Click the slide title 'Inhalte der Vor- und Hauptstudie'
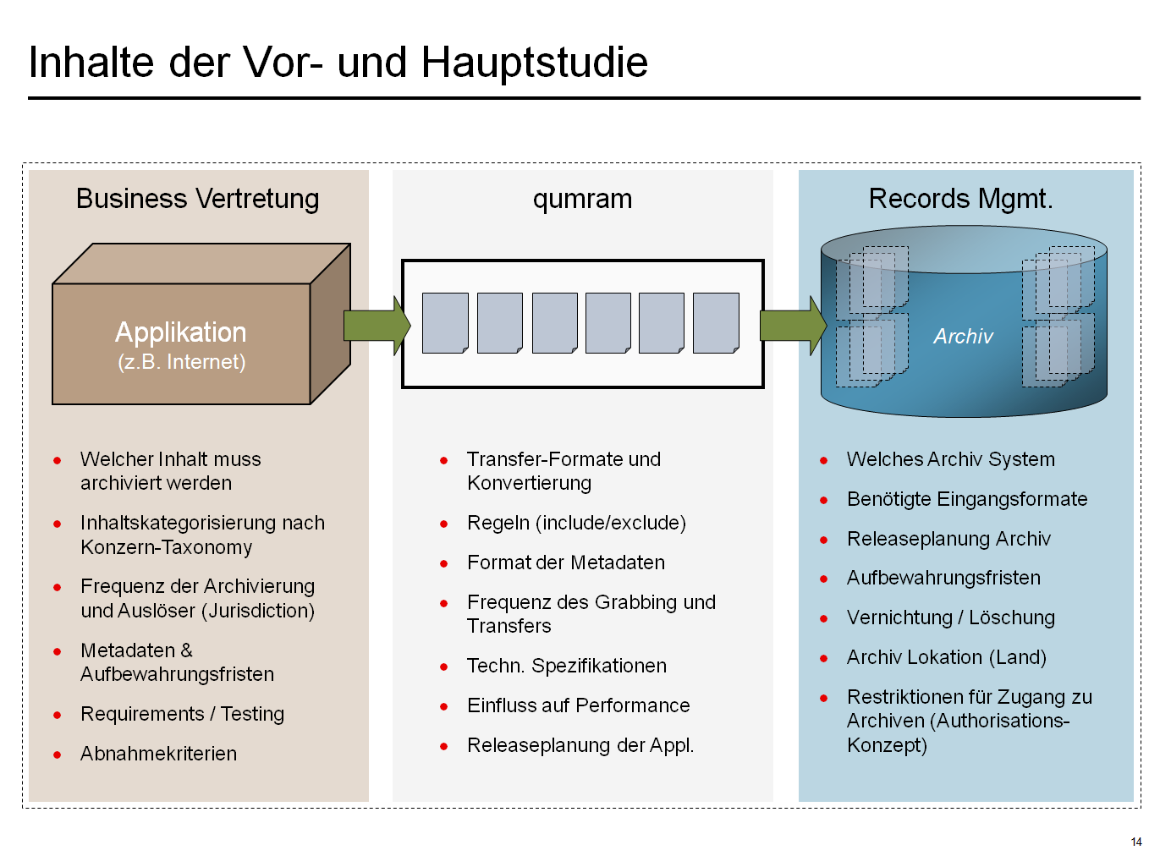[x=338, y=63]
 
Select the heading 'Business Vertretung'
[x=197, y=199]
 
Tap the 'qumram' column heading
[x=582, y=199]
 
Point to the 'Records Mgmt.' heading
[x=960, y=199]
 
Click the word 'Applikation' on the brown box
[x=180, y=332]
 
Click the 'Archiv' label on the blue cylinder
[x=963, y=337]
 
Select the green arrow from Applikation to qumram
[x=376, y=326]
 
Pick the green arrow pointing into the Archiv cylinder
[x=792, y=326]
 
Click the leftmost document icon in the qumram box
[x=445, y=323]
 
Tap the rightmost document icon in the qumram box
[x=716, y=323]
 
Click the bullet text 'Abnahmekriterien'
[x=158, y=754]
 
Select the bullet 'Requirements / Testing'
[x=182, y=714]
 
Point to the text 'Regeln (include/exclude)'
[x=576, y=523]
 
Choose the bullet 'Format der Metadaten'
[x=565, y=562]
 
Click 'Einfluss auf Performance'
[x=578, y=705]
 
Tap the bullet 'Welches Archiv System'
[x=950, y=459]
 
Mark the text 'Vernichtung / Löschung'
[x=950, y=617]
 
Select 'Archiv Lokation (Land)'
[x=946, y=657]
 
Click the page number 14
[x=1135, y=842]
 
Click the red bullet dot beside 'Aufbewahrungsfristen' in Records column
[x=823, y=579]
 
